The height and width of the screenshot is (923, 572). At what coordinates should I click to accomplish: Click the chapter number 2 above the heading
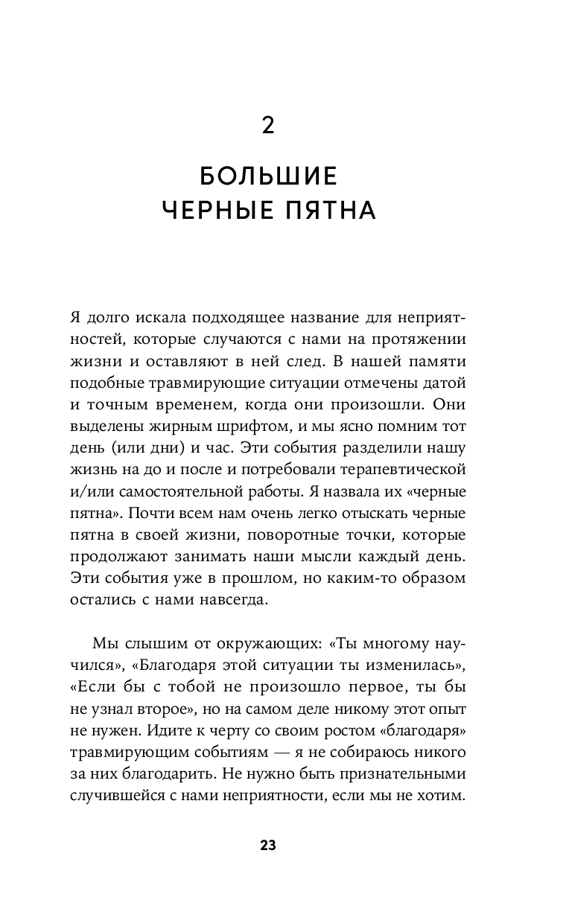coord(268,126)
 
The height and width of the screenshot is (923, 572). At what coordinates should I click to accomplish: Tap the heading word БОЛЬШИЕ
coord(269,176)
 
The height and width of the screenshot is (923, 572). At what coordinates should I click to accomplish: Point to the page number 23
coord(268,845)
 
